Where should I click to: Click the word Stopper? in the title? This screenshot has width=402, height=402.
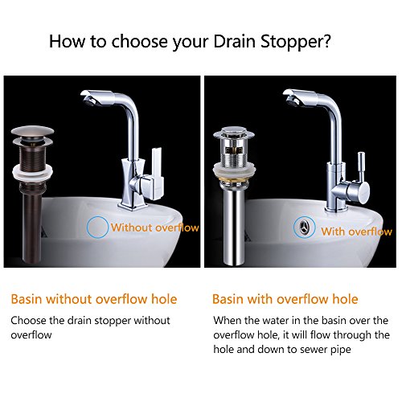tap(296, 42)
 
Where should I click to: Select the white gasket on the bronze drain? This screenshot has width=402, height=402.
tap(33, 172)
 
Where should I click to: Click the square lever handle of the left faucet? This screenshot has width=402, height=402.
tap(158, 174)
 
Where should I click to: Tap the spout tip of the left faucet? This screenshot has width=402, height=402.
tap(89, 98)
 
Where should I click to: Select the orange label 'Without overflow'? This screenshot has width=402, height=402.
tap(155, 228)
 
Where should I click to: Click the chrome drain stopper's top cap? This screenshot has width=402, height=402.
tap(234, 132)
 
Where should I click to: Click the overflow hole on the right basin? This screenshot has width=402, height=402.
tap(304, 228)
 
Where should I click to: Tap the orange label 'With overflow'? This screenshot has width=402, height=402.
tap(356, 232)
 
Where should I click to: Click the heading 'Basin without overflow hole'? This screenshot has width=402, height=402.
tap(94, 299)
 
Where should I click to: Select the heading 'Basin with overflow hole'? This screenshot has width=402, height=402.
tap(285, 299)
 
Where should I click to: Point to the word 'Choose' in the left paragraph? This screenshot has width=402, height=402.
tap(28, 321)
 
